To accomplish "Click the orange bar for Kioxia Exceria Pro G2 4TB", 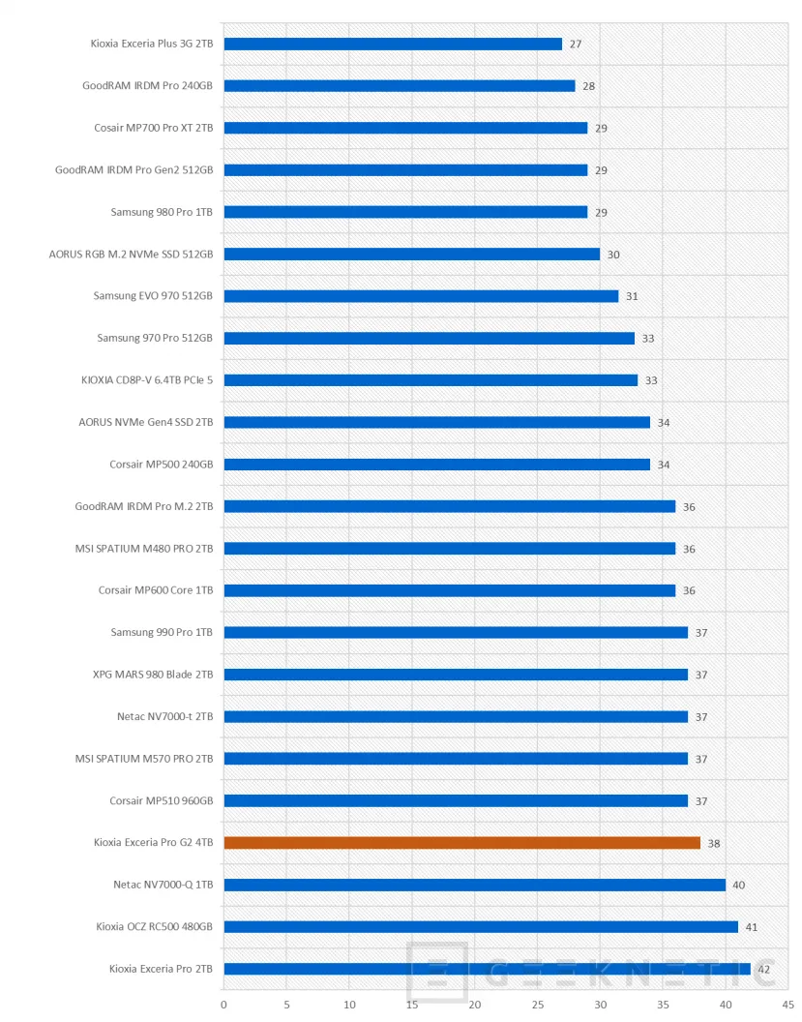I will click(x=461, y=843).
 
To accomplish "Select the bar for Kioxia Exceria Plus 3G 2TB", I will click(x=393, y=44).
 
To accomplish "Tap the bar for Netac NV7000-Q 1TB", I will click(x=474, y=885).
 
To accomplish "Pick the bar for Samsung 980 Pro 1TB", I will click(x=405, y=212).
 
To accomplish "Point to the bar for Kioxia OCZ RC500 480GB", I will click(x=481, y=927).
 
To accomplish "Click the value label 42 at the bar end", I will click(x=764, y=969).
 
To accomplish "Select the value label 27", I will click(x=576, y=45).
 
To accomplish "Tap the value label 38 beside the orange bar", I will click(x=714, y=844).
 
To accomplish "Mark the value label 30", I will click(x=613, y=255).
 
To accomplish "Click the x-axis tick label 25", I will click(x=538, y=1005).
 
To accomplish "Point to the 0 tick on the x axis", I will click(x=224, y=1005).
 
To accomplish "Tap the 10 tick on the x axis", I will click(x=350, y=1005).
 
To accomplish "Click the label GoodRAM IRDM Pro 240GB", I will click(x=147, y=85).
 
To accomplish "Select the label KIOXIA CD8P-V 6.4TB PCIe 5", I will click(x=147, y=380).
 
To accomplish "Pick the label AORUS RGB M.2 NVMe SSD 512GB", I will click(x=131, y=255).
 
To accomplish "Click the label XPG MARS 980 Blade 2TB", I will click(x=153, y=675).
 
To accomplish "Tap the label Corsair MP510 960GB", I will click(x=162, y=800).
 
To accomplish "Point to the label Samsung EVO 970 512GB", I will click(x=153, y=296).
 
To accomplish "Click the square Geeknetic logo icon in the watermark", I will click(x=437, y=972).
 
